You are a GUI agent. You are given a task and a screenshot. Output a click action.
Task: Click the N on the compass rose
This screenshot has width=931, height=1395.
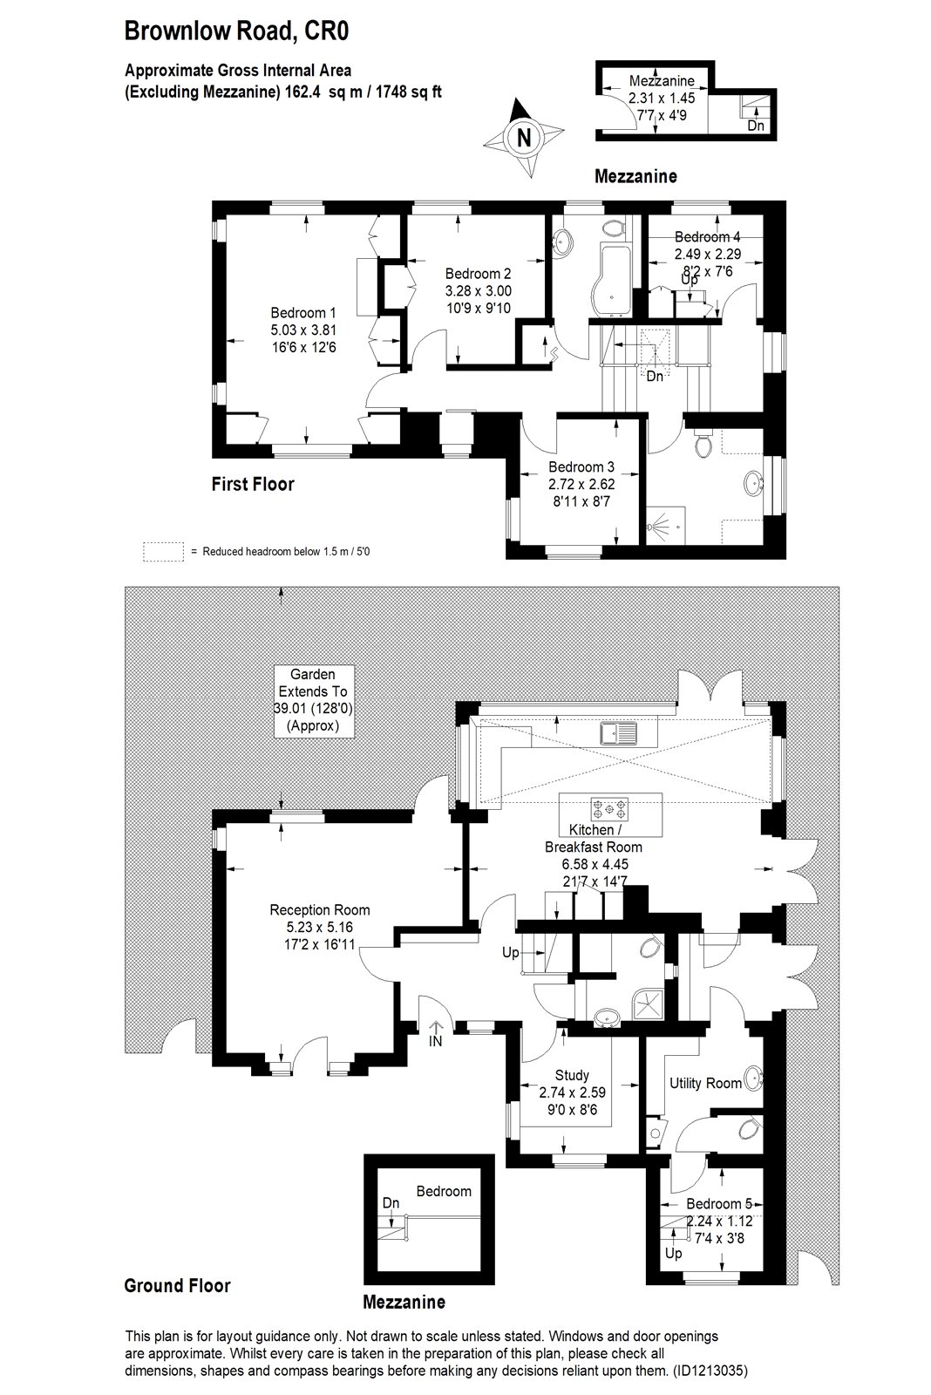click(525, 138)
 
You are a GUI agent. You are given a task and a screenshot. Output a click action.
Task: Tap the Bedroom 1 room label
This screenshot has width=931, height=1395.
click(303, 313)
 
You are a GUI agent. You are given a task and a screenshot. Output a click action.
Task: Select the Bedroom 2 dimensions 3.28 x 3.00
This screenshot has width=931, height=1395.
click(479, 291)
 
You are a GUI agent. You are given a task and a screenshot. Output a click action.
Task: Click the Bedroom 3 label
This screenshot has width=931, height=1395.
click(581, 466)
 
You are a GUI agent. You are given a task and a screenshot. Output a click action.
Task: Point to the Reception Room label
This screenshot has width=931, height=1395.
click(319, 910)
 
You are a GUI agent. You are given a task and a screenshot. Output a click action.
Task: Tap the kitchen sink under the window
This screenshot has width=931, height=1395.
click(619, 733)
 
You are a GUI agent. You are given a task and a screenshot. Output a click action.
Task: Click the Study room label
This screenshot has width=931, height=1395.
click(572, 1076)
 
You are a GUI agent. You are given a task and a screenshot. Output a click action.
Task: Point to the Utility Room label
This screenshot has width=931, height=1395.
click(705, 1083)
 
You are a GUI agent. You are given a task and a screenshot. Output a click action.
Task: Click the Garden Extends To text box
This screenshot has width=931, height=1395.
click(314, 701)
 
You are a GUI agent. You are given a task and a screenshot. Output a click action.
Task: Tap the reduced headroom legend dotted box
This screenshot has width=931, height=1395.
click(163, 552)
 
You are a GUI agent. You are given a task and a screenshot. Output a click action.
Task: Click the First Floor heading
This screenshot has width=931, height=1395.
click(252, 484)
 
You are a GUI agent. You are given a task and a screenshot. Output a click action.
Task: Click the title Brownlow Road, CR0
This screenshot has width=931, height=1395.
click(236, 31)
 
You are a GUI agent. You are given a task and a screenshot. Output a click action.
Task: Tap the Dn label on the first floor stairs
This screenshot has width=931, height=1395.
click(655, 376)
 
